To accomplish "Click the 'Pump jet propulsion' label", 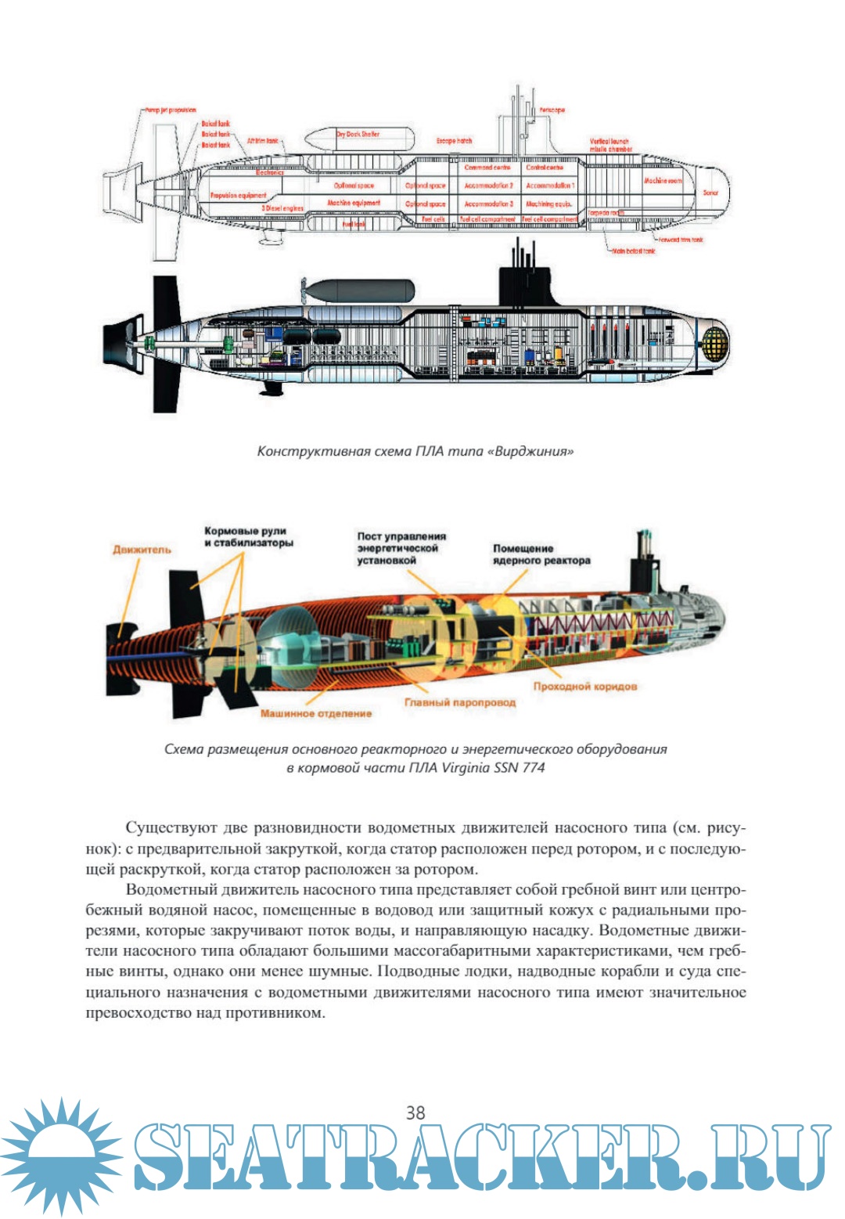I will pyautogui.click(x=171, y=110).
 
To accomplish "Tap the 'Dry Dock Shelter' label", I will pyautogui.click(x=358, y=134).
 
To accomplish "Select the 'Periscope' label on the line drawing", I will pyautogui.click(x=552, y=110).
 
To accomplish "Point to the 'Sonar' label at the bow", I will pyautogui.click(x=710, y=193).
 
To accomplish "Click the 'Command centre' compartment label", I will pyautogui.click(x=487, y=168).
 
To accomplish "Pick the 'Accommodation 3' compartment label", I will pyautogui.click(x=489, y=204).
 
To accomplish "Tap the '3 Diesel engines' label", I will pyautogui.click(x=282, y=208).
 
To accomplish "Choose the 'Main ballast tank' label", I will pyautogui.click(x=634, y=251).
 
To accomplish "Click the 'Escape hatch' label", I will pyautogui.click(x=454, y=141).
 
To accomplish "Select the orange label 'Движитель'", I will pyautogui.click(x=142, y=550).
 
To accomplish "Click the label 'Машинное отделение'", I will pyautogui.click(x=316, y=713).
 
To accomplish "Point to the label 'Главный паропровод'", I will pyautogui.click(x=460, y=701).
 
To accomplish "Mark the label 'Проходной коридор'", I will pyautogui.click(x=585, y=686).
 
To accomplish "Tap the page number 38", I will pyautogui.click(x=415, y=1113).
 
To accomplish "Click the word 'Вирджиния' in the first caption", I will pyautogui.click(x=530, y=452).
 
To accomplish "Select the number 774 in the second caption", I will pyautogui.click(x=533, y=767).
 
